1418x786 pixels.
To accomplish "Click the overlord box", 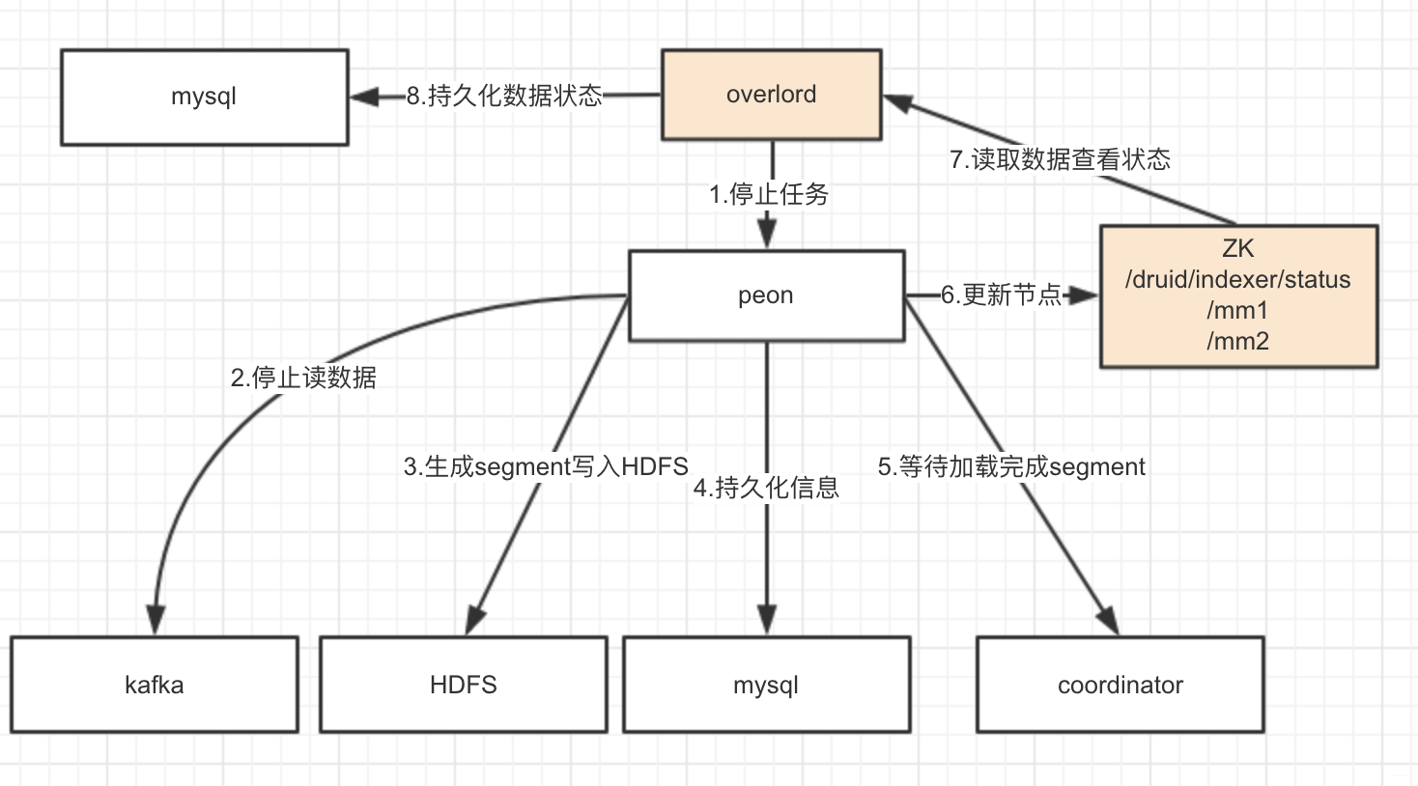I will click(771, 95).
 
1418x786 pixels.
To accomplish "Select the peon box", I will click(766, 295).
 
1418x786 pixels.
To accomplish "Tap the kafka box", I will click(155, 685).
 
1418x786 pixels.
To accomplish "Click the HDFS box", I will click(463, 685).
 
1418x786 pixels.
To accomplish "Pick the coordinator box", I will click(1120, 685).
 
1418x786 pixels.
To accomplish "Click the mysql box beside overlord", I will click(204, 97).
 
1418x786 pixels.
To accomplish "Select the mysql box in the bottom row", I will click(766, 685).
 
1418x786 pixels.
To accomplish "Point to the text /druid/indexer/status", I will click(1237, 279).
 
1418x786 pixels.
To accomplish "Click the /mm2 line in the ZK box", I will click(1237, 341).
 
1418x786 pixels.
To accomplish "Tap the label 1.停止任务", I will click(769, 194).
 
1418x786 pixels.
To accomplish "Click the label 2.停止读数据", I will click(303, 378).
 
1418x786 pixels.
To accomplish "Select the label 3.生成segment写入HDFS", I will click(546, 467).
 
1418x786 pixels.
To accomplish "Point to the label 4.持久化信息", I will click(766, 488).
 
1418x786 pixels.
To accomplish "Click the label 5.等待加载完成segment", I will click(1011, 467).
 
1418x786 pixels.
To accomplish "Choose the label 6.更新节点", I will click(1001, 295).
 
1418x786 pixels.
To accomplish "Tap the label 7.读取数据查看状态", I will click(1060, 159).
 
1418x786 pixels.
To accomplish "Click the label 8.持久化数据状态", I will click(504, 96).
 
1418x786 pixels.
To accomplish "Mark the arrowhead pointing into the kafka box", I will click(156, 619).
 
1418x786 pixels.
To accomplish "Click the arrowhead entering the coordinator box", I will click(1108, 621).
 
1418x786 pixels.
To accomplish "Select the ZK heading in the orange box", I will click(1237, 248).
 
